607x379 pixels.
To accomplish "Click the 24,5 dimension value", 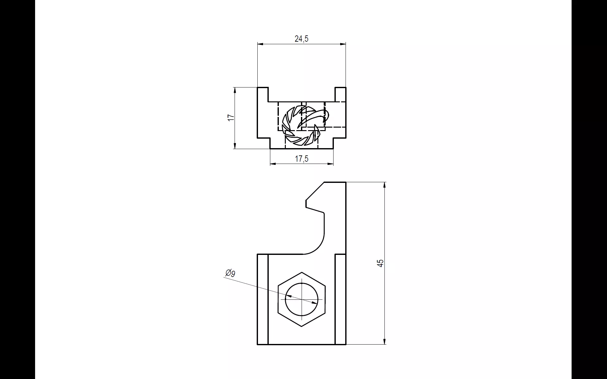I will coord(301,39).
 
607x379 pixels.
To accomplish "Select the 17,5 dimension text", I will coord(301,159).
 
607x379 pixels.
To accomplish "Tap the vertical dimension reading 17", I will coord(231,117).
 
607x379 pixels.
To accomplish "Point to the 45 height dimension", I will coord(381,263).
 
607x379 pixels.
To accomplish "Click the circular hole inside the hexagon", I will coord(302,299).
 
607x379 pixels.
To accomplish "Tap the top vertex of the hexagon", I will coord(302,272).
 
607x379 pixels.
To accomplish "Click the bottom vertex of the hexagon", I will coord(302,326).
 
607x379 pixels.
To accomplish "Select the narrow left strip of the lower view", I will coord(263,299).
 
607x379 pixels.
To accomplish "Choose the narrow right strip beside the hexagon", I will coord(340,299).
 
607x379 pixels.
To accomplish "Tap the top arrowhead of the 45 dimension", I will coord(384,185).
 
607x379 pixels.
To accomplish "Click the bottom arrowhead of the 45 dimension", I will coord(384,342).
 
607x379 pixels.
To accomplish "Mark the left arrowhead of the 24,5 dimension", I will coord(260,45).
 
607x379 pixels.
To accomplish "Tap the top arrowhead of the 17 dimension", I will coord(235,90).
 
